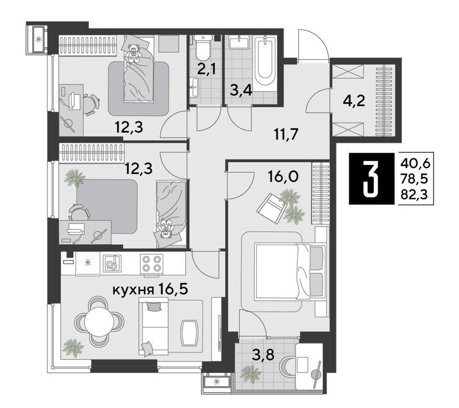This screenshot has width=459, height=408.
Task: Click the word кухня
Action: click(x=134, y=290)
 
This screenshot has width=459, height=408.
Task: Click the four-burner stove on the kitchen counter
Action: click(x=151, y=263)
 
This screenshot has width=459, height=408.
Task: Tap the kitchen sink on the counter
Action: click(x=112, y=263)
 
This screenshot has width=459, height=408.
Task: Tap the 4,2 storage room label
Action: click(x=354, y=101)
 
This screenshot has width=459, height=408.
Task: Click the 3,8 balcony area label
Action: click(x=264, y=356)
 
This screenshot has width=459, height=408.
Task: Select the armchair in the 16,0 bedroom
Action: click(x=272, y=209)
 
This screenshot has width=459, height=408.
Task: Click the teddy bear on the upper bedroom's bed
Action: click(x=134, y=53)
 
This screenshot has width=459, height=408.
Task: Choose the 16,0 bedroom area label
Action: click(x=283, y=177)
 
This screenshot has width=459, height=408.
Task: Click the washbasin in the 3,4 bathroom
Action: click(x=240, y=42)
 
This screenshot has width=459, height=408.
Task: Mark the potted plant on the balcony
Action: click(x=250, y=374)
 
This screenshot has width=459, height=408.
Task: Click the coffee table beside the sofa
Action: click(x=190, y=333)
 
